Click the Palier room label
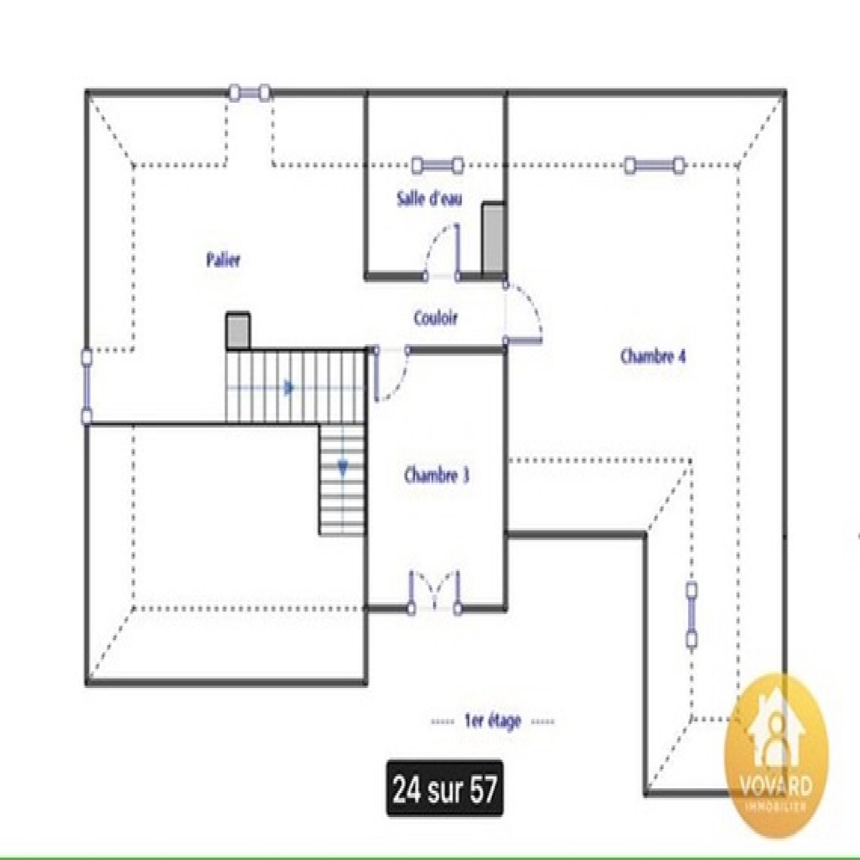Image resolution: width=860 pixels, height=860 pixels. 223,260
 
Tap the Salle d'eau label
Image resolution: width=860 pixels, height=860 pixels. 429,198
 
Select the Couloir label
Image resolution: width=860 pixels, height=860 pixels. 436,318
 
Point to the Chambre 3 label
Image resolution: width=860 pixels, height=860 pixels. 436,475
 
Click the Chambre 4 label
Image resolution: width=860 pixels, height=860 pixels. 653,356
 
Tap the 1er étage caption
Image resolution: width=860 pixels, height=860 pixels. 492,721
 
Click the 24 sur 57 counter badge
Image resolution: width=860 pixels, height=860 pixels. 445,789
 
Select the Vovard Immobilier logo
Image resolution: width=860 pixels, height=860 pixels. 776,755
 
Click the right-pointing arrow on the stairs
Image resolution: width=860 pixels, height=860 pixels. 289,388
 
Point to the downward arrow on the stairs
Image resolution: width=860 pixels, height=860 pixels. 343,468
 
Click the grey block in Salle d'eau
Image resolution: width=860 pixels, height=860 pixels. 493,239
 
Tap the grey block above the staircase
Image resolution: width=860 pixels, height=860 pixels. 238,331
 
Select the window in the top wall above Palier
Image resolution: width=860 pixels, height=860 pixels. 249,93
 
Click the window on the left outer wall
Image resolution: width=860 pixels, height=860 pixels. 87,386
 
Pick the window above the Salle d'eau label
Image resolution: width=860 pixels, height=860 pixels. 437,165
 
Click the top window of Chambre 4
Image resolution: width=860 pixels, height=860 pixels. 654,165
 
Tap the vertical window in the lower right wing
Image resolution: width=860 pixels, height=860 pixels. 692,617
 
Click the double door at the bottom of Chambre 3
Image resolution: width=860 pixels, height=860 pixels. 434,591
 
